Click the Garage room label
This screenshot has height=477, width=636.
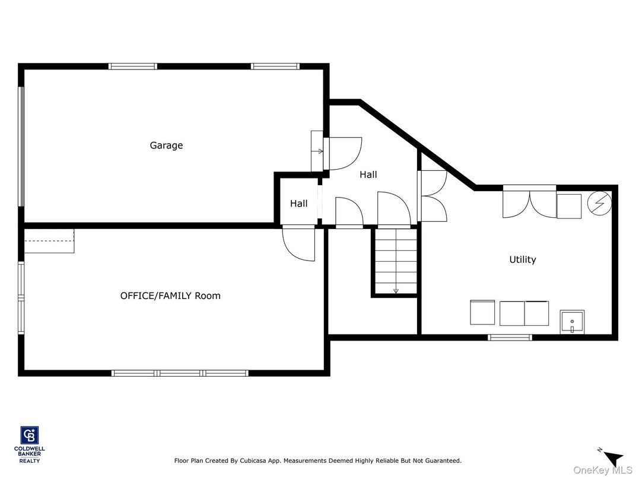[166, 145]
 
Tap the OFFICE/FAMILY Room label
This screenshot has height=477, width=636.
[170, 295]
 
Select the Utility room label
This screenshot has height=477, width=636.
[522, 259]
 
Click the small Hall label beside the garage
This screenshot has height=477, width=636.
[298, 203]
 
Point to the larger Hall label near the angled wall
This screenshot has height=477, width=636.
[368, 174]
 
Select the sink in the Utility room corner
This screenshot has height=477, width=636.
[572, 322]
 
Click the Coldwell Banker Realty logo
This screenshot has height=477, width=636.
[30, 444]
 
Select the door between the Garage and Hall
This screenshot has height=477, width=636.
[343, 154]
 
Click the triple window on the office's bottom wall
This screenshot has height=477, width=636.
[180, 373]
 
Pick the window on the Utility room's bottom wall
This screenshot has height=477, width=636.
[510, 338]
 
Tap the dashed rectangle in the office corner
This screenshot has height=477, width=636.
[49, 241]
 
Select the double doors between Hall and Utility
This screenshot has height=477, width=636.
[433, 196]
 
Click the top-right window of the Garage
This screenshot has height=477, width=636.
[275, 66]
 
